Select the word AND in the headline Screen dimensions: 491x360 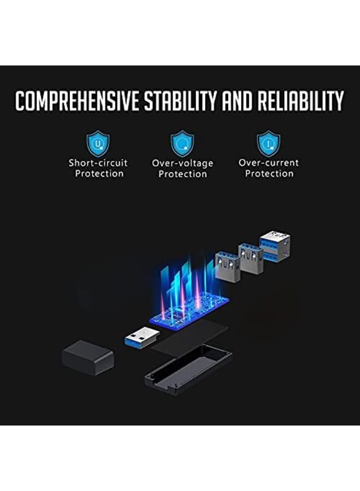tap(240, 101)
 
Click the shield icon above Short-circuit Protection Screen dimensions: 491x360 tap(98, 143)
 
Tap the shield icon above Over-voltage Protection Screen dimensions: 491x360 tap(182, 143)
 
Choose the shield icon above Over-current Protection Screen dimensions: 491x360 tap(268, 143)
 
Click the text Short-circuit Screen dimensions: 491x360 tap(98, 163)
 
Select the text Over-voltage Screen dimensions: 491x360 tap(182, 163)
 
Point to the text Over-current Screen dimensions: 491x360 tap(268, 163)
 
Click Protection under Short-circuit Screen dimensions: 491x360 tap(99, 174)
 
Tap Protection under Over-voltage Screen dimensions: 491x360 tap(182, 175)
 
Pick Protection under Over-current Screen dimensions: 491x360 tap(269, 174)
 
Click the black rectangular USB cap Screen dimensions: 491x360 tap(87, 357)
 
